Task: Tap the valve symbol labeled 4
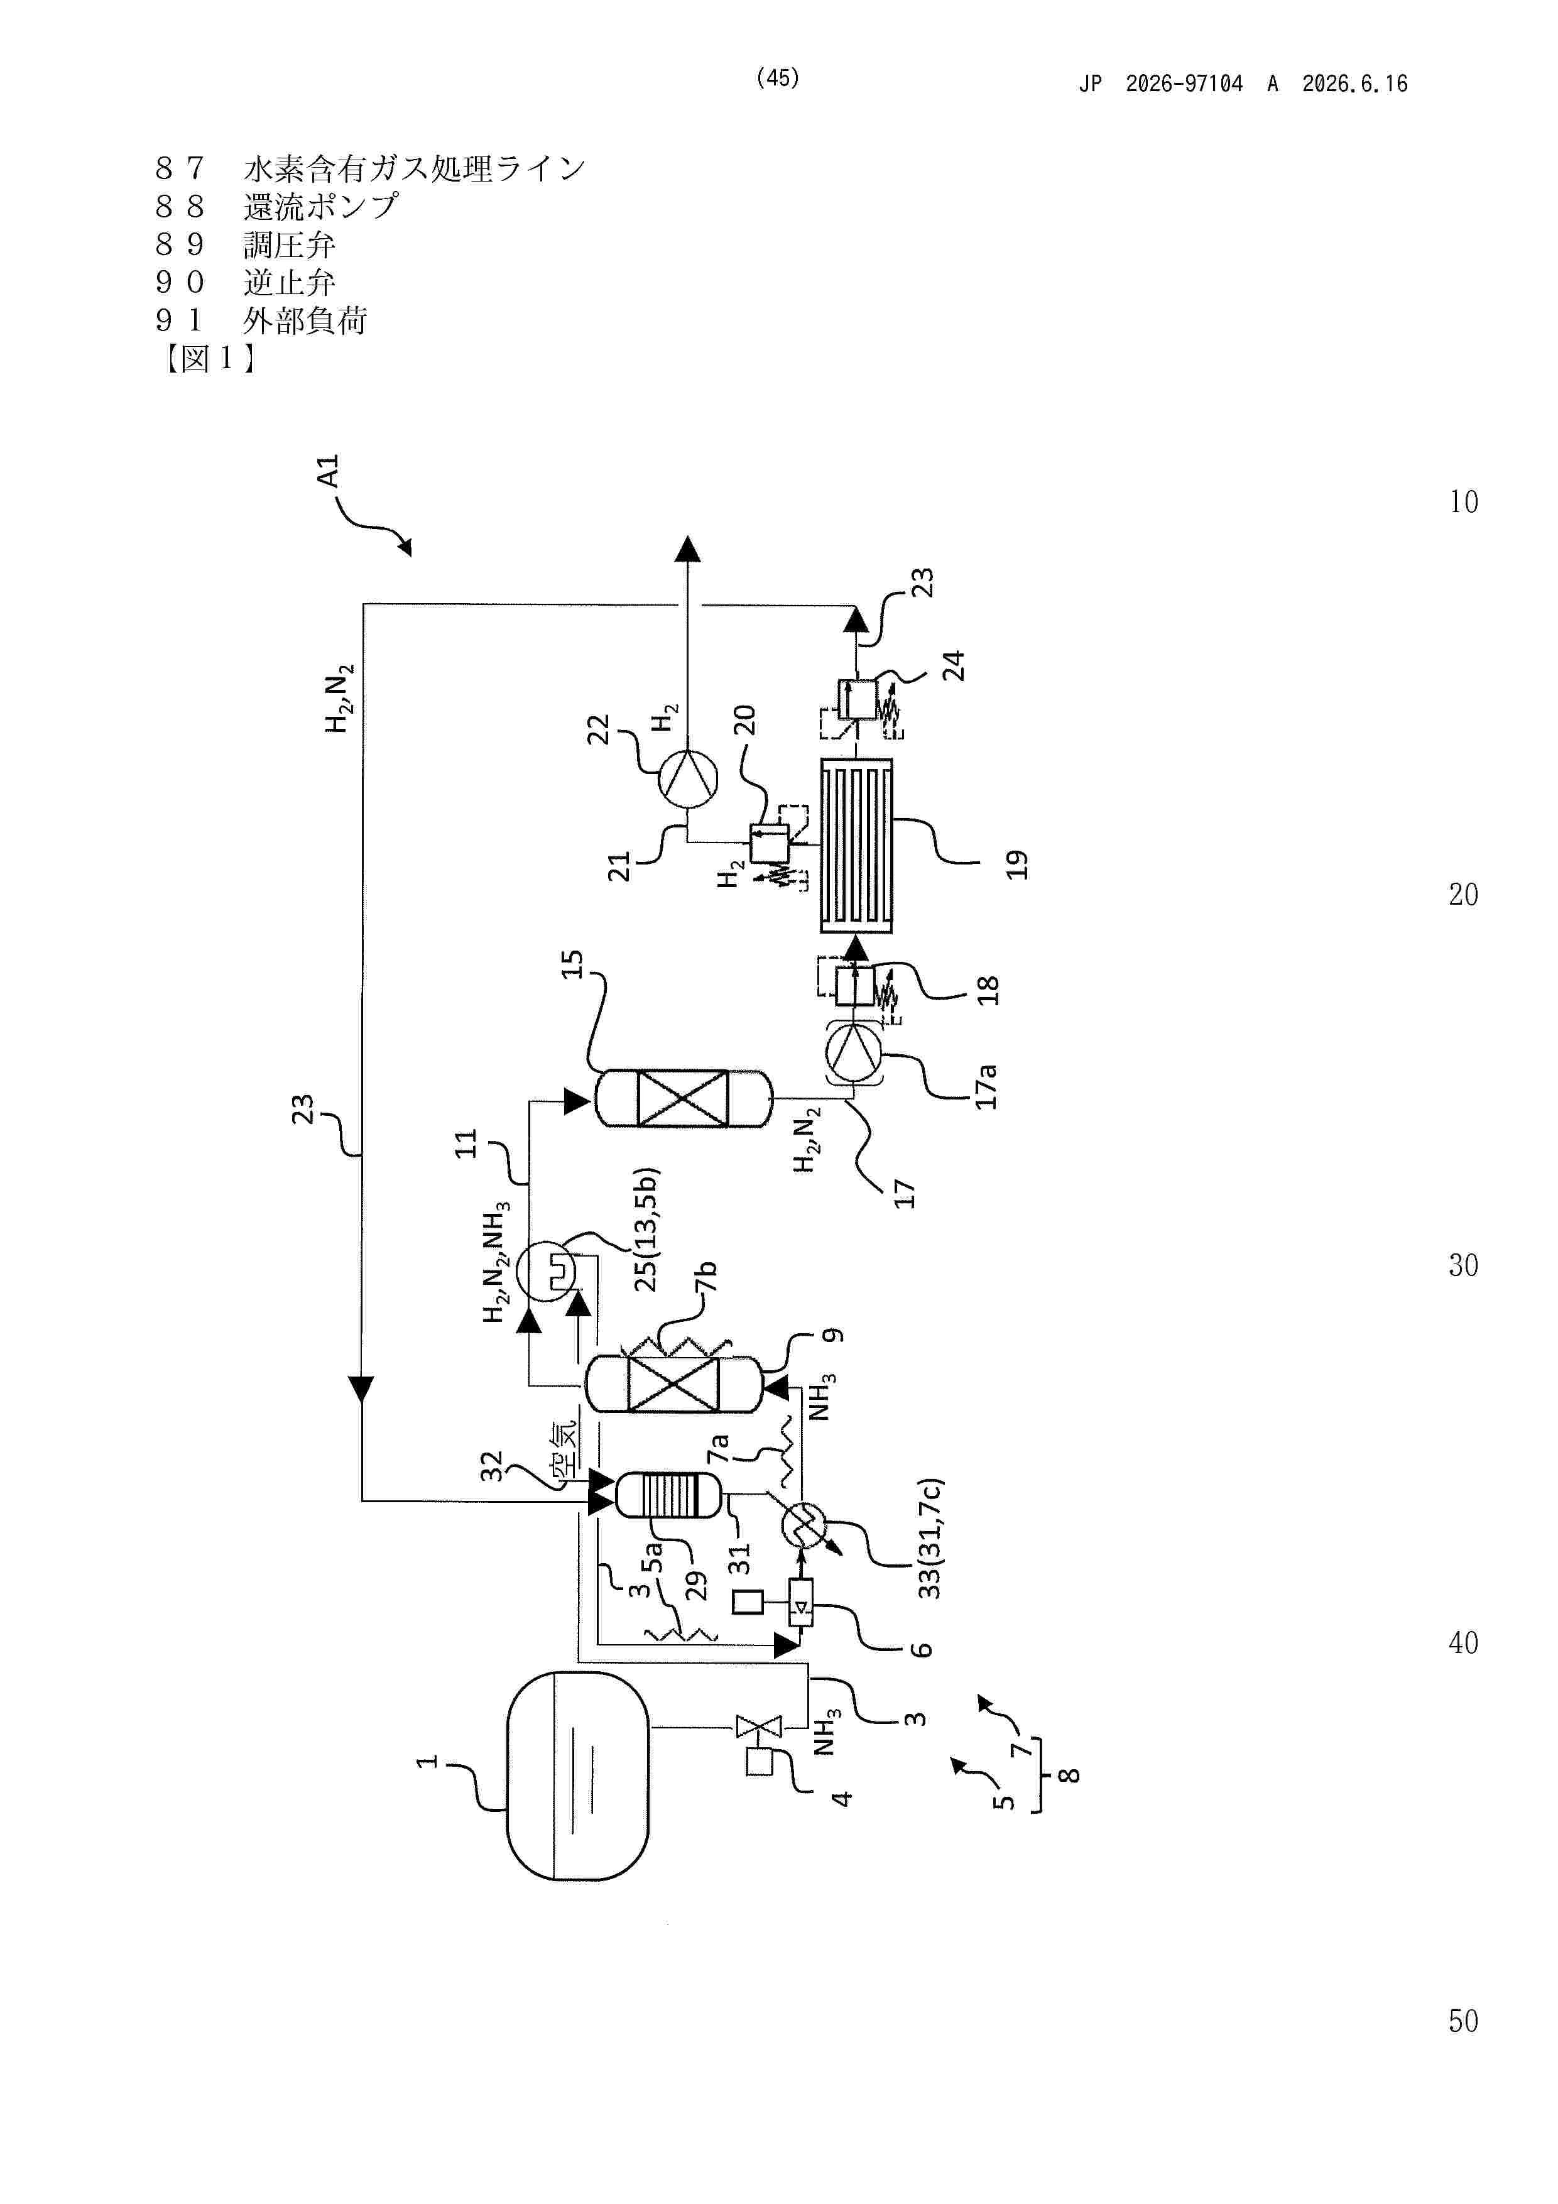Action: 758,1727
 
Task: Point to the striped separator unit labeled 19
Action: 855,846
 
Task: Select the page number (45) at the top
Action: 778,79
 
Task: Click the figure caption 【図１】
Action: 209,359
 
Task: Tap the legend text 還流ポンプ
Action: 320,206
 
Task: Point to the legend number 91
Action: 180,320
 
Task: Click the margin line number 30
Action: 1463,1266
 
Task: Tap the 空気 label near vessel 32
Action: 564,1449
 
